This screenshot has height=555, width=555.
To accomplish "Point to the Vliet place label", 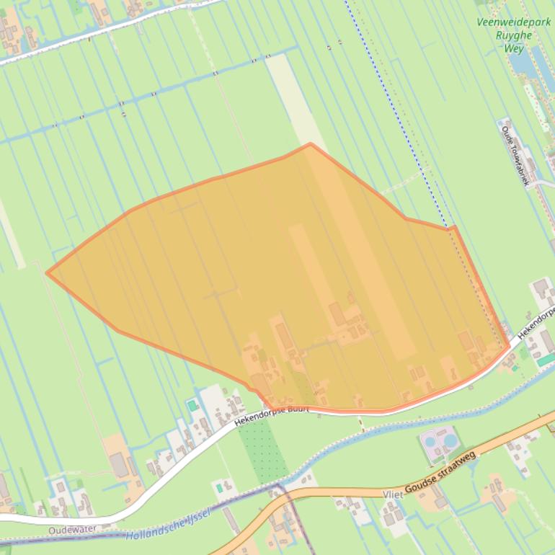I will [x=394, y=495].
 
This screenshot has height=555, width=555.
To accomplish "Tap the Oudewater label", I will [x=72, y=530].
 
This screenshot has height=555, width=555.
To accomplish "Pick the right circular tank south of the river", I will [x=450, y=439].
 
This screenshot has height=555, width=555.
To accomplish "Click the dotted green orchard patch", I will [x=263, y=450].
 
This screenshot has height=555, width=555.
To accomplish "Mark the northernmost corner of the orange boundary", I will [x=310, y=143].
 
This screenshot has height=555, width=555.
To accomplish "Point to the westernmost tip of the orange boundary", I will [x=47, y=272].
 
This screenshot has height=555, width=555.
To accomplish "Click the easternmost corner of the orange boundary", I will [x=510, y=346].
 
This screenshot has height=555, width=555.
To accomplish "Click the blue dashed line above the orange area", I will [x=389, y=101].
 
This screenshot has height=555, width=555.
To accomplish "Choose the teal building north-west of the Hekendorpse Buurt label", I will [x=192, y=406].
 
